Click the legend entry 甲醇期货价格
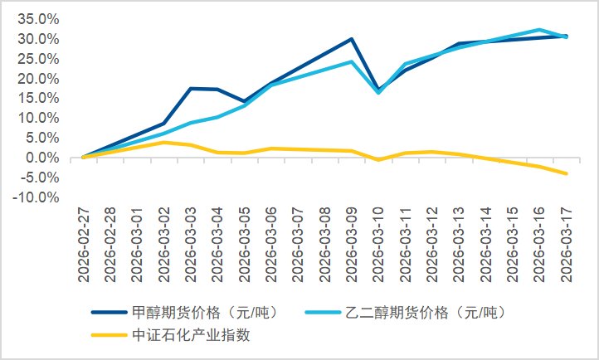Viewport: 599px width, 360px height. [x=204, y=313]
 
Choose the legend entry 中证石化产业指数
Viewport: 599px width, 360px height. [x=192, y=335]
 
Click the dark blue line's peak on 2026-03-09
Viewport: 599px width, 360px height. [x=352, y=39]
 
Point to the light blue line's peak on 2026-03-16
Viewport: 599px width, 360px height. [x=539, y=30]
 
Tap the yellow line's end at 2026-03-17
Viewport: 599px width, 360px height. [x=566, y=173]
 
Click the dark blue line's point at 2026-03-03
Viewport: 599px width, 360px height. [x=191, y=88]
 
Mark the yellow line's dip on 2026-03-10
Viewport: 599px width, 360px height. [x=378, y=159]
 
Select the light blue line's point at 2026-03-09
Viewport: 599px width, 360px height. [x=352, y=61]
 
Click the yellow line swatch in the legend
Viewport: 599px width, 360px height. [x=108, y=335]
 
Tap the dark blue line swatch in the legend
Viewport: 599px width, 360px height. [x=108, y=313]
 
